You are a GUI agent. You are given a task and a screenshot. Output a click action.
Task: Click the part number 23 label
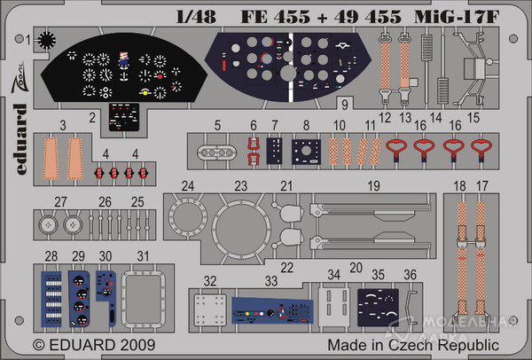click(x=240, y=186)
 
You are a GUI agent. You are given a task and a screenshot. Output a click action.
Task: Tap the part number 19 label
click(x=374, y=186)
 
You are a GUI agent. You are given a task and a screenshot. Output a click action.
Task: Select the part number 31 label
click(x=143, y=256)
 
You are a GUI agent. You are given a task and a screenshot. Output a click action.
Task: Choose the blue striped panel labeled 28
click(x=52, y=299)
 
